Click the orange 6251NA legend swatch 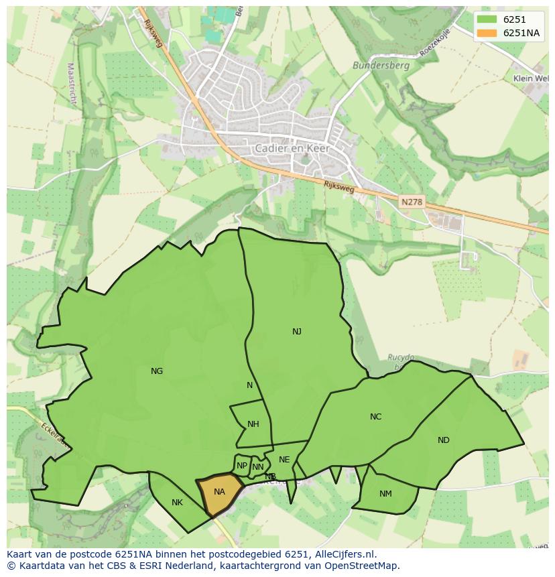click(x=487, y=34)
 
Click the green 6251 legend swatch click(x=487, y=20)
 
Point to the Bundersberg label click(x=371, y=66)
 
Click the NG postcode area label click(x=157, y=371)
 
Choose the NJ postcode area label click(x=297, y=332)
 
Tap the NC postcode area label click(x=375, y=417)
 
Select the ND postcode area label click(x=443, y=440)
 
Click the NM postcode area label click(x=385, y=494)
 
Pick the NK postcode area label click(x=177, y=503)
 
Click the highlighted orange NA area click(x=219, y=493)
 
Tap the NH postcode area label click(x=253, y=424)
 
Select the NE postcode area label click(x=284, y=460)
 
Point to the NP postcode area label click(x=242, y=466)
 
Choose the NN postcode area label click(x=258, y=467)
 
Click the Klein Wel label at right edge click(x=531, y=78)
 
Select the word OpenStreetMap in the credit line click(x=363, y=566)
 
